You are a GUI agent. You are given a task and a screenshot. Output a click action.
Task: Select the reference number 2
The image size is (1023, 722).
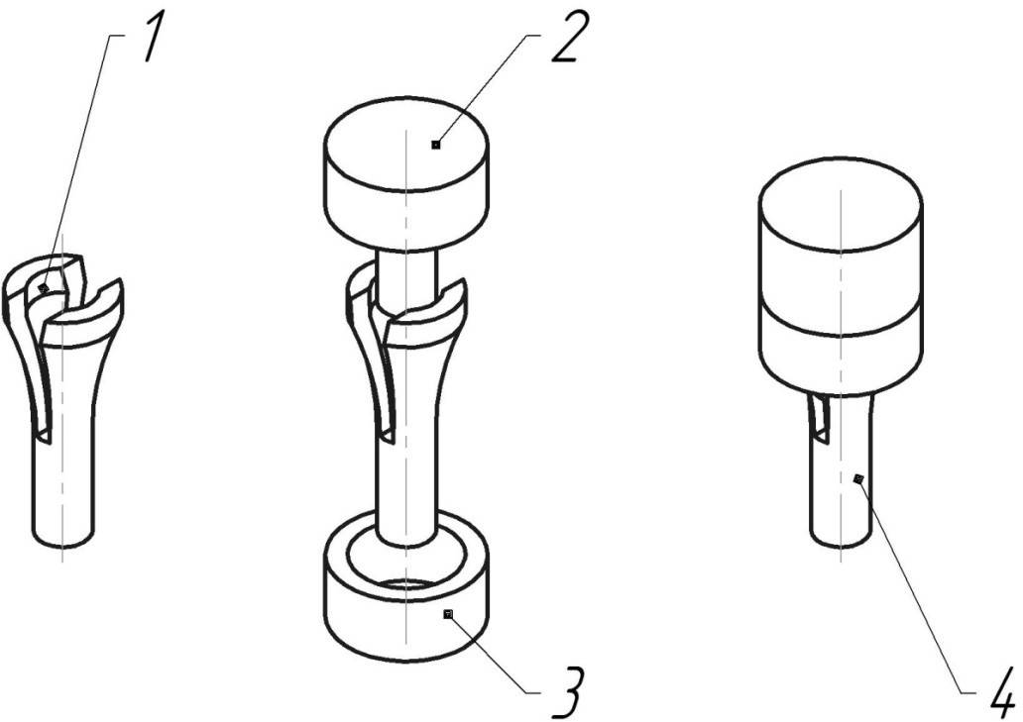pyautogui.click(x=565, y=38)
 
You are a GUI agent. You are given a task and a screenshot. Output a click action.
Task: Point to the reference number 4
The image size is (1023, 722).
pyautogui.click(x=1001, y=691)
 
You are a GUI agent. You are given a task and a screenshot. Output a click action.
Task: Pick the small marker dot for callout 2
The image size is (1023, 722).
pyautogui.click(x=436, y=145)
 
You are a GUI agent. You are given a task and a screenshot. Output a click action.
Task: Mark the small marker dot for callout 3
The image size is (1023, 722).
pyautogui.click(x=448, y=614)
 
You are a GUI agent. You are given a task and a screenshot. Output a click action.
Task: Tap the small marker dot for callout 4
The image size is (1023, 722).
pyautogui.click(x=858, y=479)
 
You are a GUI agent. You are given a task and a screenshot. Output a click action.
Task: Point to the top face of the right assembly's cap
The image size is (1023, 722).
pyautogui.click(x=841, y=204)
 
